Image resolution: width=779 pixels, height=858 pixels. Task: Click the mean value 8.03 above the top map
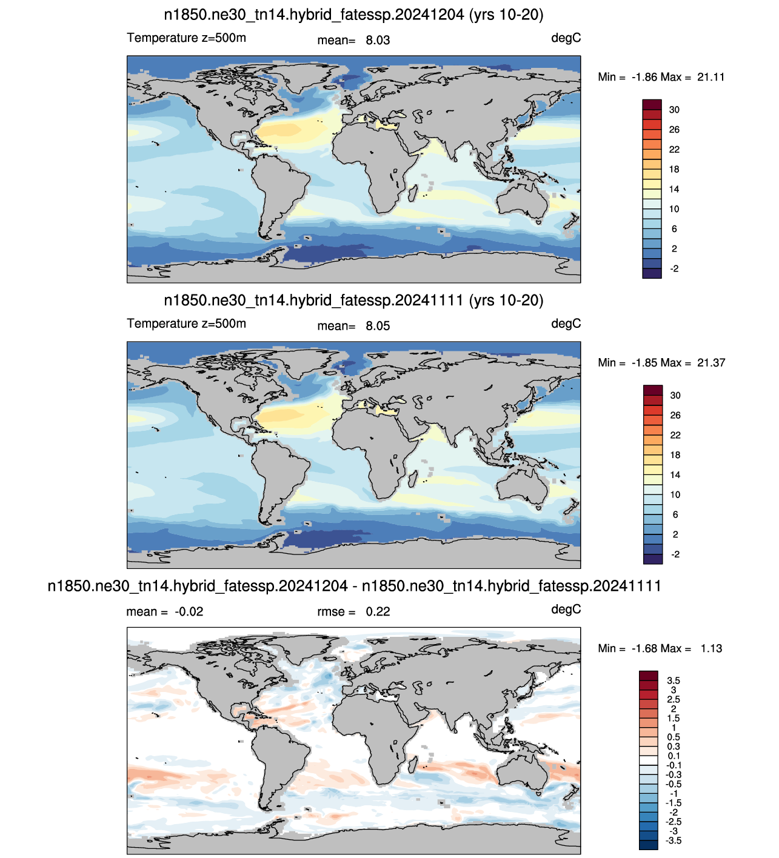pos(378,40)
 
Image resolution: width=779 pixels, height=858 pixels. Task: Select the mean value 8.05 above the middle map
pos(378,326)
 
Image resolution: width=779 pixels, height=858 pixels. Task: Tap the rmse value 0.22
pos(378,611)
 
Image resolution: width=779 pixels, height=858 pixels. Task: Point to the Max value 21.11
pos(710,77)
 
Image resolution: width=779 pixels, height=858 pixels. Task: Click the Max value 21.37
pos(711,363)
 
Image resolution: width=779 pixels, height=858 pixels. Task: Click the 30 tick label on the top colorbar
pos(674,110)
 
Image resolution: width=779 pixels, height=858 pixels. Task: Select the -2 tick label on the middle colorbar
pos(675,554)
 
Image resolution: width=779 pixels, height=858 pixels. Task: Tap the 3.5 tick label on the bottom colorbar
pos(674,680)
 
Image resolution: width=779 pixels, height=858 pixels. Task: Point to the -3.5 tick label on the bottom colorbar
pos(674,840)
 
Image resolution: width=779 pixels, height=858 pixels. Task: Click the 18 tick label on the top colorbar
pos(674,170)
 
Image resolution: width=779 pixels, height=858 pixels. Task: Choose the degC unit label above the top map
pos(566,39)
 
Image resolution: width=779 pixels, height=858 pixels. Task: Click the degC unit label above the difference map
pos(566,610)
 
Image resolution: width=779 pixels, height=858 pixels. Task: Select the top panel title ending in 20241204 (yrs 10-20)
pos(353,15)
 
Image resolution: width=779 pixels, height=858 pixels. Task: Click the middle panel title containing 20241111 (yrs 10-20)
pos(353,301)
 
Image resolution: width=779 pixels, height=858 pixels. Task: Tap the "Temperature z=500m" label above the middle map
pos(186,324)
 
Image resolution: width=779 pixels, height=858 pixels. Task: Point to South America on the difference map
pos(278,757)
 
